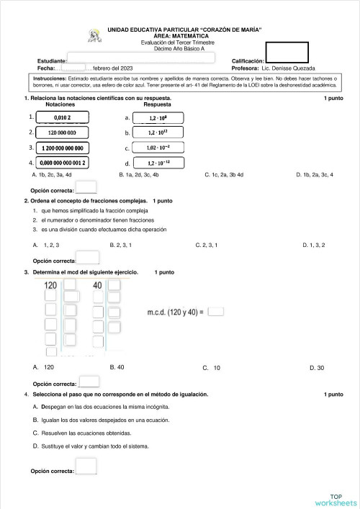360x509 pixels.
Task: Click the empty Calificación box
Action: click(x=287, y=53)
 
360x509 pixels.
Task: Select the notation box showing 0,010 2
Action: click(x=63, y=117)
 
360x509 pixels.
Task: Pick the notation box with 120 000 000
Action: click(x=63, y=132)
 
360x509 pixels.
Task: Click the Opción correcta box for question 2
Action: click(x=88, y=259)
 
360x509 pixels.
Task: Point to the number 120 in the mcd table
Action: click(x=51, y=286)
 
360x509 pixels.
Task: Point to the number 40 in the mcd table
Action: click(x=97, y=286)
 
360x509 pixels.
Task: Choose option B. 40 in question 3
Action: click(x=117, y=367)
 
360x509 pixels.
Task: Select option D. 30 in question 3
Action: click(x=316, y=368)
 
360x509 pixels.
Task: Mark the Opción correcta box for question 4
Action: click(x=86, y=467)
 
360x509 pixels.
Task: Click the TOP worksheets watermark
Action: click(x=336, y=500)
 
